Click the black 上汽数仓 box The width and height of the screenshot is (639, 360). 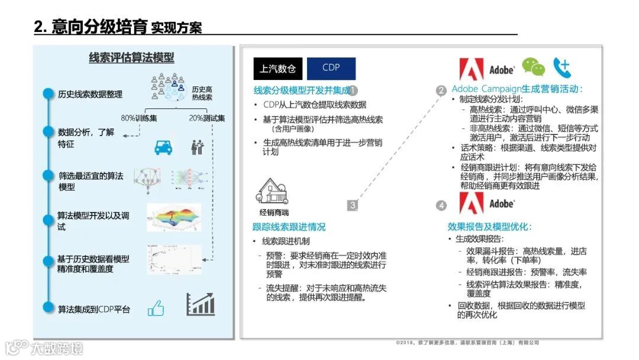coord(277,69)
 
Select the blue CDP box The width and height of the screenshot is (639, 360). coord(331,68)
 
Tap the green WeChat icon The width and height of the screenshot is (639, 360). coord(533,67)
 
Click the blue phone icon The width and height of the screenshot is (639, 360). coord(562,67)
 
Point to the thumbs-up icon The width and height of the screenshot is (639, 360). coord(156,308)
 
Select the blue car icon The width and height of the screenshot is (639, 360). coord(163,147)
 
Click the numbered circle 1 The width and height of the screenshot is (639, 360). coord(353,91)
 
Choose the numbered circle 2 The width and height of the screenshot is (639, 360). coord(441,91)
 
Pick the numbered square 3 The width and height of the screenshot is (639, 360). coord(353,205)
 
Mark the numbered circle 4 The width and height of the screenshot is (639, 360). coord(441,205)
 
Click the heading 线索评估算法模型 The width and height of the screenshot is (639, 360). coord(131,57)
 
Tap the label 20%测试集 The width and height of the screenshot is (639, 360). coord(207,118)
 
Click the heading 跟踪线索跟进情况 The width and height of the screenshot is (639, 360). coord(289,227)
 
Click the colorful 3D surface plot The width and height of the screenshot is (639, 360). coord(173,217)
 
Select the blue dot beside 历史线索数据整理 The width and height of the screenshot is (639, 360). coord(47,94)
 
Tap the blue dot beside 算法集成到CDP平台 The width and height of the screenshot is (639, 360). coord(47,308)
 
